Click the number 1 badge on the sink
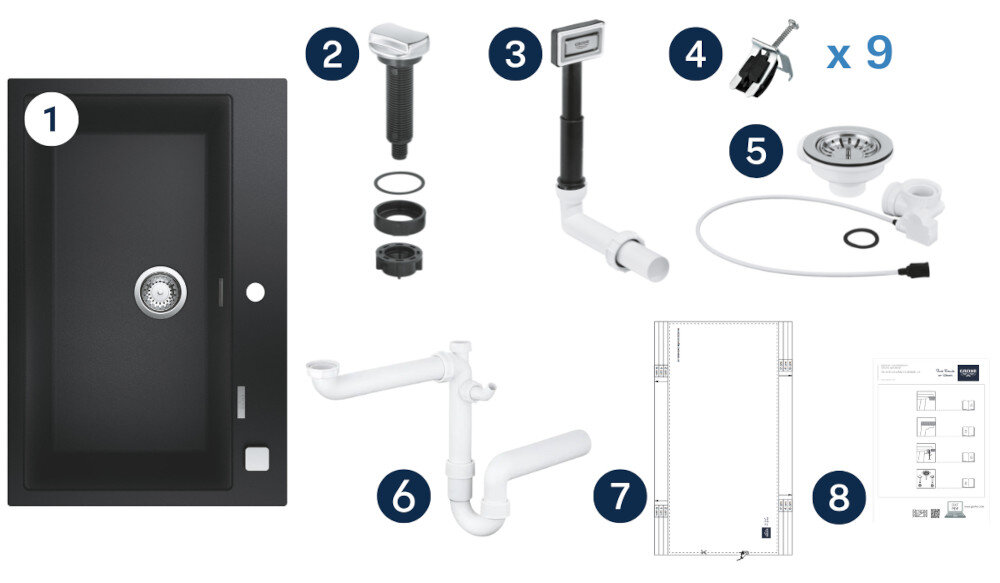50,120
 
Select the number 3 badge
515,53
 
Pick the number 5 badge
756,151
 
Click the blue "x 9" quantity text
859,54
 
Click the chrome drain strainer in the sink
160,290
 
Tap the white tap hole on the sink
255,292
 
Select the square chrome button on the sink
256,457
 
